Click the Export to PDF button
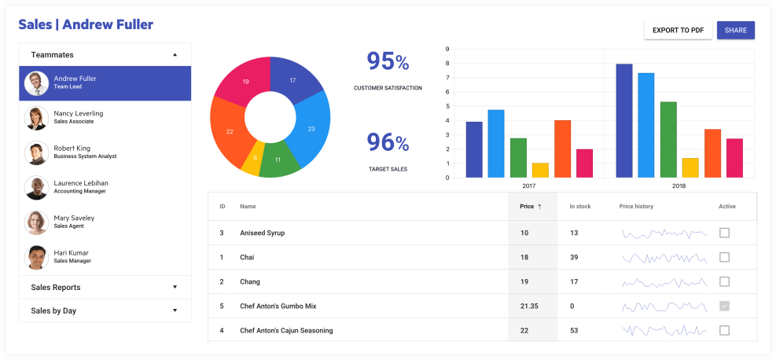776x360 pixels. (x=678, y=30)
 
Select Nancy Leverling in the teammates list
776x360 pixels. (x=79, y=117)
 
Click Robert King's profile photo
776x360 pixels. (x=36, y=152)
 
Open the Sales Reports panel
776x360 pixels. (x=105, y=287)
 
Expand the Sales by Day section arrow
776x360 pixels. (x=175, y=310)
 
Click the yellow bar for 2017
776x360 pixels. (x=540, y=170)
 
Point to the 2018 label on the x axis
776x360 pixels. (x=679, y=186)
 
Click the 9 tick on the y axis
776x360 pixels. (x=447, y=49)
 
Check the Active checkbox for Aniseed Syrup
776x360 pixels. (x=724, y=233)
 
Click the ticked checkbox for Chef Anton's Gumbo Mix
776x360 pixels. (x=724, y=306)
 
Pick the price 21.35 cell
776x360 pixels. (x=529, y=306)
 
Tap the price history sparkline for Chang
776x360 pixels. (x=664, y=281)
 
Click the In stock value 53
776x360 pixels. (x=574, y=330)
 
